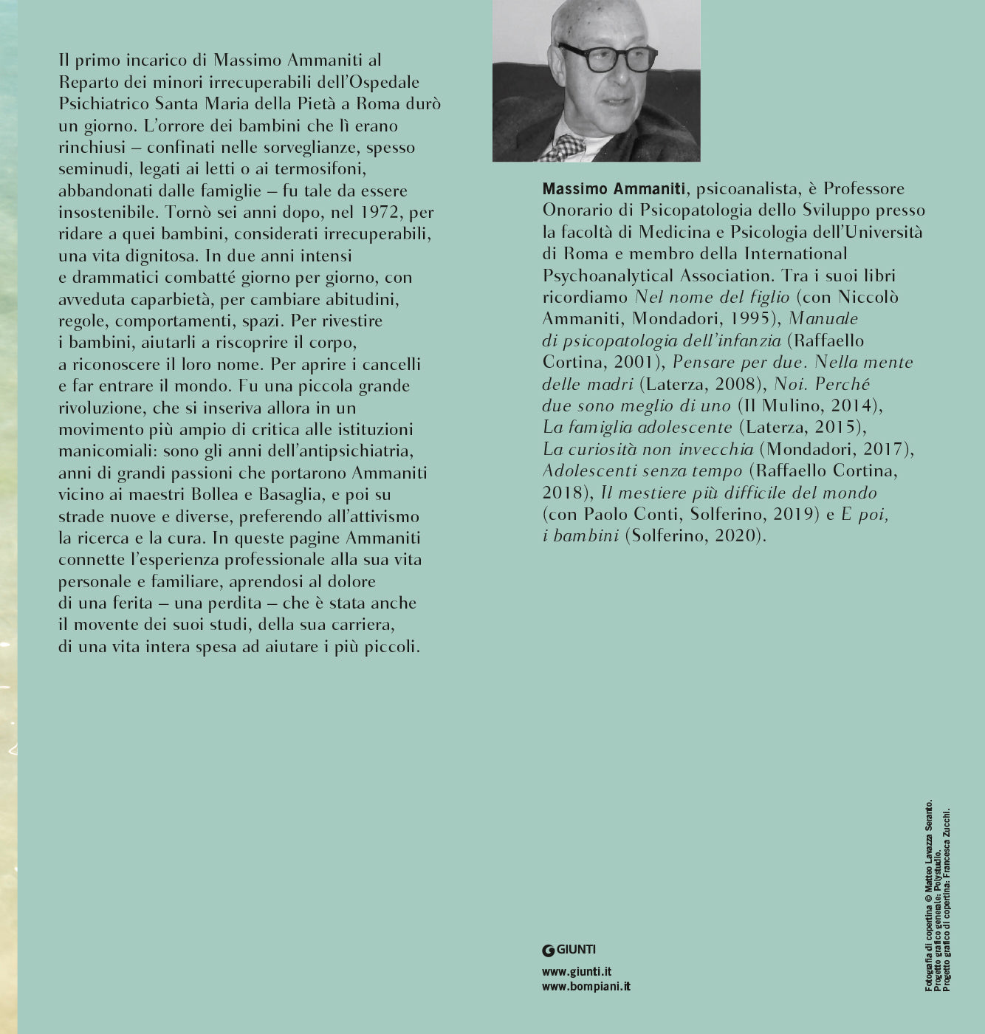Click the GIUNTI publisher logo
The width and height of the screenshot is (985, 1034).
(x=569, y=950)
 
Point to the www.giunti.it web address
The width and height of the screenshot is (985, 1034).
(x=576, y=972)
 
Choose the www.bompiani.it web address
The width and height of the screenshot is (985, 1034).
(x=586, y=986)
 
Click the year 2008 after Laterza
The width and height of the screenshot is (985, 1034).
(x=738, y=384)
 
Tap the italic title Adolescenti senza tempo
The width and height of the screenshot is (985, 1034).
(x=642, y=471)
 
